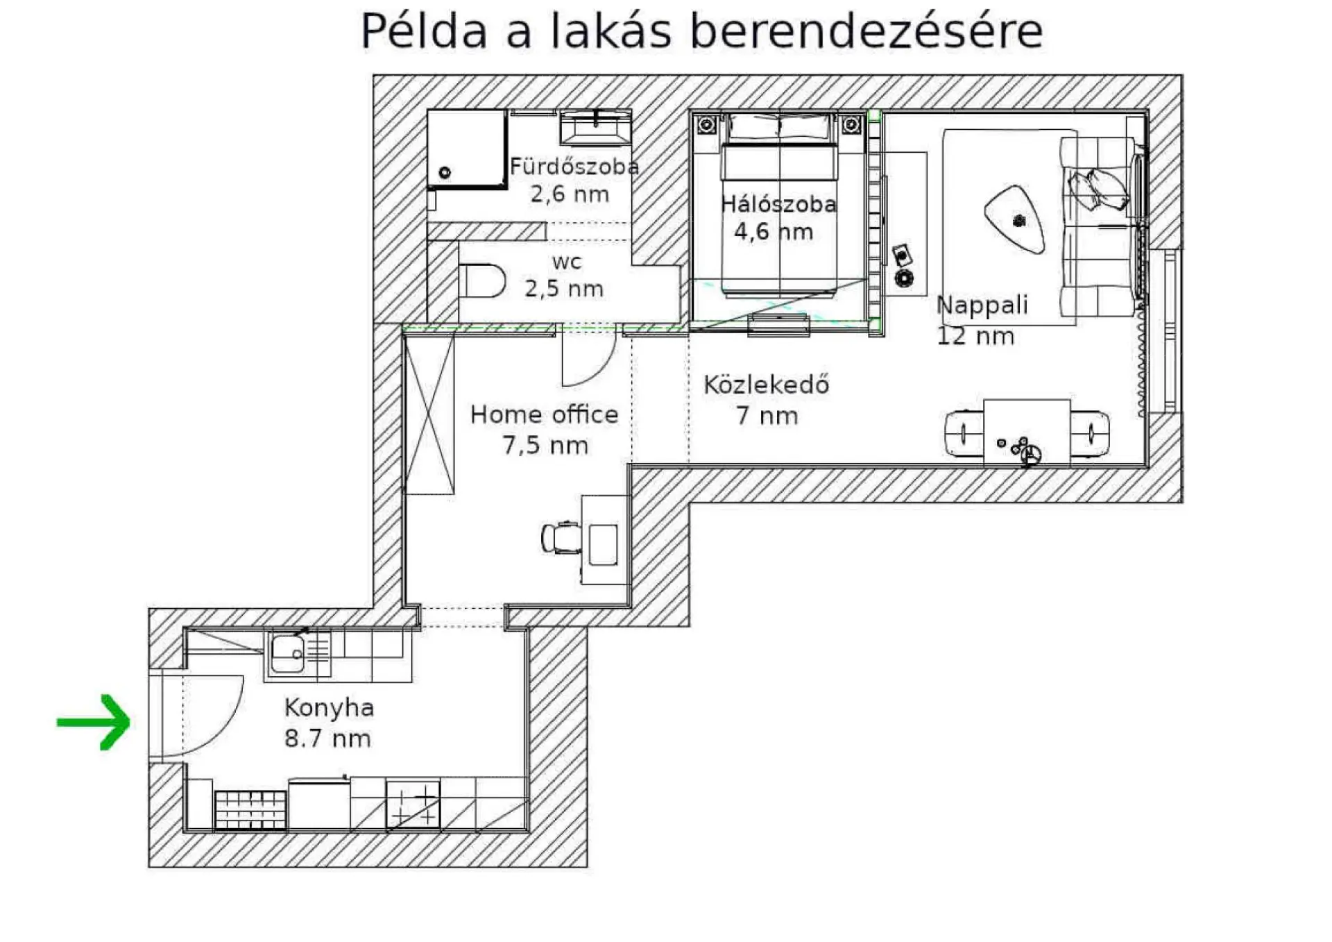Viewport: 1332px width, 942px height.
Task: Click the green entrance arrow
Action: tap(94, 722)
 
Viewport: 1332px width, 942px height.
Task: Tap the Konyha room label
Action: tap(329, 707)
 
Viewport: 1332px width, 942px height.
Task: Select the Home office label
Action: tap(544, 414)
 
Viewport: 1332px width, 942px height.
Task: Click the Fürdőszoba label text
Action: tap(574, 166)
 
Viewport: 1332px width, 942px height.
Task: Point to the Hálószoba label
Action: tap(778, 204)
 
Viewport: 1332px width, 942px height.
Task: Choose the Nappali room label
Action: tap(982, 305)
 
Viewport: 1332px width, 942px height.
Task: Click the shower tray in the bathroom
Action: tap(467, 149)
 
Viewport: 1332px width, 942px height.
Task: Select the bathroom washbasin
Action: tap(596, 129)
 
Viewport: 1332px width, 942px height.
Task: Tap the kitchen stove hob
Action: tap(413, 805)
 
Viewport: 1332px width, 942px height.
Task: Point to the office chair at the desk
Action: tap(561, 537)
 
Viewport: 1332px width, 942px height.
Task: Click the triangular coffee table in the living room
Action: tap(1016, 219)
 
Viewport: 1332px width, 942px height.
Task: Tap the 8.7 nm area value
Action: tap(327, 739)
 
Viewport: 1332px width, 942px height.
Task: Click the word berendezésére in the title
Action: tap(866, 31)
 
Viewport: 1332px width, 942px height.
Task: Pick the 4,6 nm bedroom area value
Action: tap(774, 231)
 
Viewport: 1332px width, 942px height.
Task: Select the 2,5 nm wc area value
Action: tap(564, 289)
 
